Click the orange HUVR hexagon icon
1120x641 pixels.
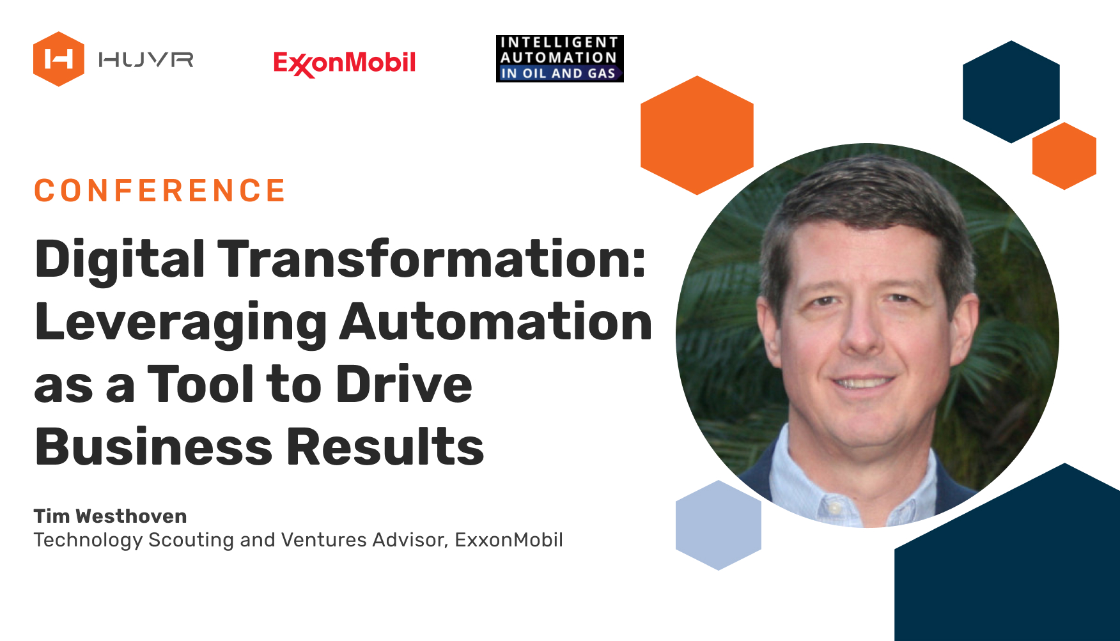tap(59, 59)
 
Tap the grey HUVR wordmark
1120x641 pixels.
tap(146, 60)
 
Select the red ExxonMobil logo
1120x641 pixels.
tap(345, 63)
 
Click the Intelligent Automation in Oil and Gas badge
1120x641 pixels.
tap(559, 59)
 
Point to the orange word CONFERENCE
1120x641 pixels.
tap(160, 191)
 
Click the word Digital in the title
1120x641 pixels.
tap(120, 259)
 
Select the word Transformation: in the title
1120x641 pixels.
tap(433, 259)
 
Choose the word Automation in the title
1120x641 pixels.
tap(496, 321)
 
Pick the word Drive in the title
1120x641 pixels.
tap(404, 384)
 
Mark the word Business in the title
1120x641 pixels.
tap(154, 447)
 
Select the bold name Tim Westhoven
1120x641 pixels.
tap(111, 516)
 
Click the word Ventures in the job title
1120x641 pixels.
tap(325, 540)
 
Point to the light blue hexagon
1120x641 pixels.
tap(719, 525)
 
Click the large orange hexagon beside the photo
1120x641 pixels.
tap(697, 135)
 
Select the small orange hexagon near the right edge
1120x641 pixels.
tap(1064, 156)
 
